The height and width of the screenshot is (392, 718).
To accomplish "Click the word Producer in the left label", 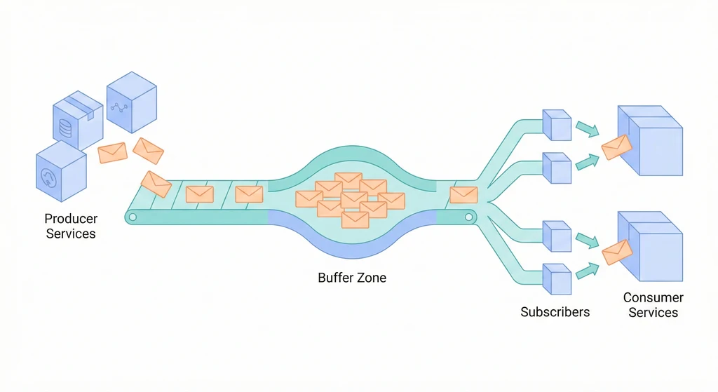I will [71, 219].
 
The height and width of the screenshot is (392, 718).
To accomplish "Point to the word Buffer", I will [336, 278].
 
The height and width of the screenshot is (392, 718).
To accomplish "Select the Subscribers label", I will [555, 311].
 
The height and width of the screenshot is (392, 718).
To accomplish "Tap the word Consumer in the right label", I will [653, 298].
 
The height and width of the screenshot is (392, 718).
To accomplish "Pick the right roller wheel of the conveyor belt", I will [468, 217].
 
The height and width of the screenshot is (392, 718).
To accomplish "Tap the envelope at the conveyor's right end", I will [463, 194].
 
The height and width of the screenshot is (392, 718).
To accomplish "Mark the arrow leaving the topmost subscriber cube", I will [587, 128].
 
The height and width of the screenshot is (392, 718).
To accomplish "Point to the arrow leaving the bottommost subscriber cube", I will [587, 271].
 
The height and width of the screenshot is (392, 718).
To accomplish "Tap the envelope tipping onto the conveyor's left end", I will [156, 183].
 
